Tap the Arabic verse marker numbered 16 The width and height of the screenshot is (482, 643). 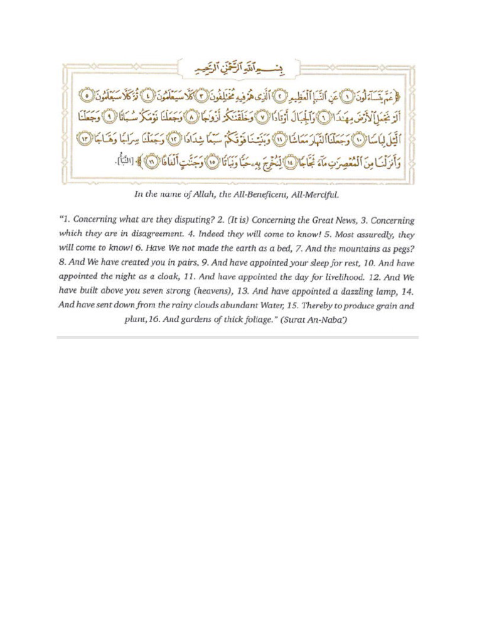click(151, 162)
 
